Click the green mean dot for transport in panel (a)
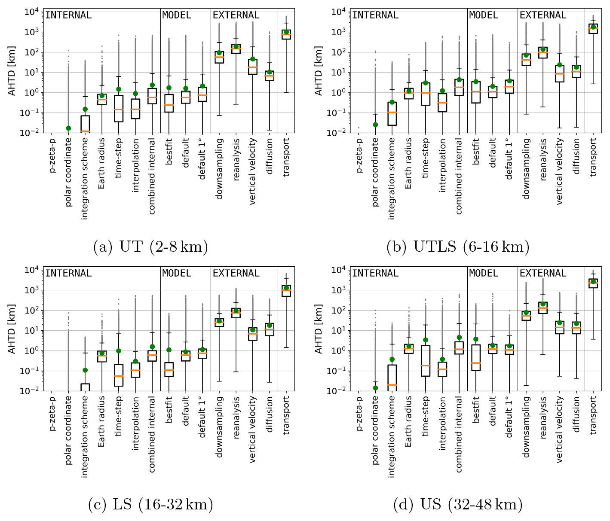286,32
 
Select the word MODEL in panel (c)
177,274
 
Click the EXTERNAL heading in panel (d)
543,274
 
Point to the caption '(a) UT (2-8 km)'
150,247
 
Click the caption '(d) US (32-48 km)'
458,505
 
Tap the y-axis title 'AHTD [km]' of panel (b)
319,72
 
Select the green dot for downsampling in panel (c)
219,321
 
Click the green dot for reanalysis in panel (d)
543,304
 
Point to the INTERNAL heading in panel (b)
375,15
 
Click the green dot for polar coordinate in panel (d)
375,388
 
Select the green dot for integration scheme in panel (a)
85,109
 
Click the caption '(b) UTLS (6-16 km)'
458,247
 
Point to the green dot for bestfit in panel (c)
169,350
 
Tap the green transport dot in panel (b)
593,27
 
